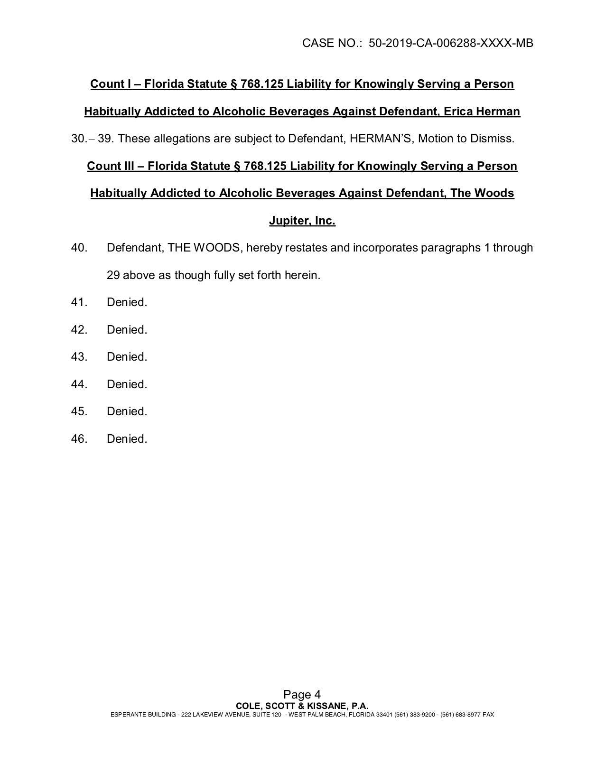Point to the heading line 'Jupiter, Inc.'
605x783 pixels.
click(302, 221)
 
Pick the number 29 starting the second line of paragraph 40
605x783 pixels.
click(113, 275)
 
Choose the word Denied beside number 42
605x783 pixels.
click(127, 330)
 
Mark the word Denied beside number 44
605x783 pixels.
click(127, 384)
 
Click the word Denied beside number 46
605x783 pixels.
click(127, 439)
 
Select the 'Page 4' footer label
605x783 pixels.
click(302, 695)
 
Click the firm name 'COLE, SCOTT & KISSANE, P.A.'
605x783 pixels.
click(302, 706)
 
